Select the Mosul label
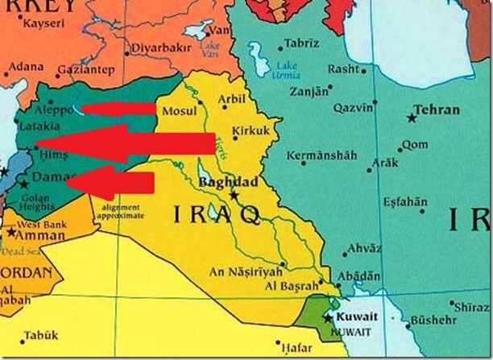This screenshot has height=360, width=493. click(179, 110)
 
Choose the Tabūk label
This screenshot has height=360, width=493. click(36, 334)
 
